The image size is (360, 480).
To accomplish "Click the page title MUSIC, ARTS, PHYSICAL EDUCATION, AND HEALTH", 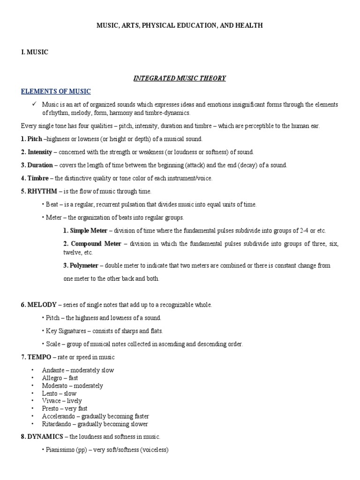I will [180, 26].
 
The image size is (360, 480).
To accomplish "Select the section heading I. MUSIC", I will [35, 52].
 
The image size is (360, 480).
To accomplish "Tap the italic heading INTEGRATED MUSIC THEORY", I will [180, 78].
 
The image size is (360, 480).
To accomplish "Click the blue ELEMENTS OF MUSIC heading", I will [56, 91].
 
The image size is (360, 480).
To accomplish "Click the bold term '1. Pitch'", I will [31, 139].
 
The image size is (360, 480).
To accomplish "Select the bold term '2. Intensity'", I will [36, 152].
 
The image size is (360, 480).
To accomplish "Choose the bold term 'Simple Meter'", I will [89, 231].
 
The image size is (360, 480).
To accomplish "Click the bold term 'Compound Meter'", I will [96, 244].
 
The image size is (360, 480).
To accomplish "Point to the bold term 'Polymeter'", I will [84, 265].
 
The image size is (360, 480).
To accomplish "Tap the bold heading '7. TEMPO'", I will [36, 357].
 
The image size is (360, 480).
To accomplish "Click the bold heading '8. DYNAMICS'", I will [42, 437].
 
